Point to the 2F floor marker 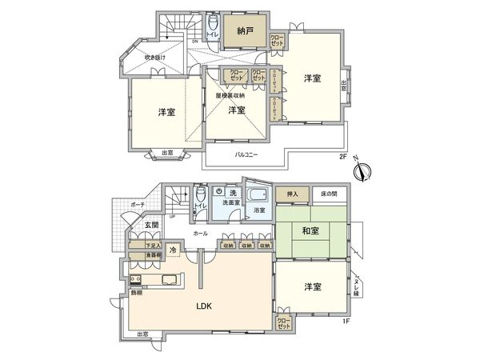342,158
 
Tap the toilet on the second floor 212,27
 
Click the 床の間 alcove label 330,194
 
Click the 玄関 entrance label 152,226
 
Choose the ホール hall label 200,233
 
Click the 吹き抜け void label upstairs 154,58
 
